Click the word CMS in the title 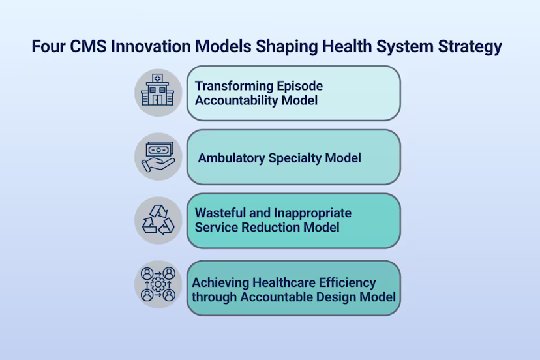(88, 46)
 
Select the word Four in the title (48, 46)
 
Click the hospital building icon (157, 89)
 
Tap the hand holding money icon (158, 157)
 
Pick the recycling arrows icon (158, 220)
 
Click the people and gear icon (158, 284)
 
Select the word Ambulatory (232, 158)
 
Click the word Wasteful (220, 213)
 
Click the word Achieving (220, 283)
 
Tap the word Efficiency (347, 283)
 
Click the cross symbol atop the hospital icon (157, 78)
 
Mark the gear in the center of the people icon (158, 284)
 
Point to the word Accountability (237, 101)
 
